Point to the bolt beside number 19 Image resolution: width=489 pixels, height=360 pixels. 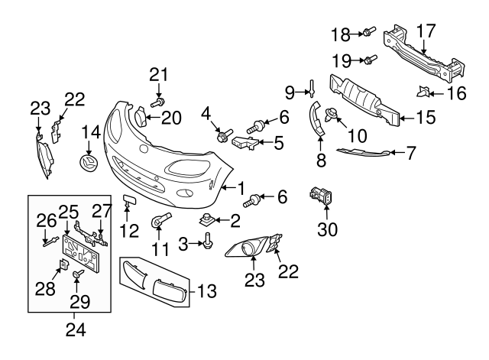[x=368, y=59]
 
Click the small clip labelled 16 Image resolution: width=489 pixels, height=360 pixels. [x=422, y=93]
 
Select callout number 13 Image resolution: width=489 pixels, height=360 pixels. [x=206, y=290]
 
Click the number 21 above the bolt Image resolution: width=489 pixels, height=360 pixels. [x=157, y=74]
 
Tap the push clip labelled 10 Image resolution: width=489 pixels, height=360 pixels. [x=332, y=116]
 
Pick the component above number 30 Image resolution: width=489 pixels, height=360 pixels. [x=319, y=197]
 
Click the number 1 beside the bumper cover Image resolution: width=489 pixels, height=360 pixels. [x=241, y=186]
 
